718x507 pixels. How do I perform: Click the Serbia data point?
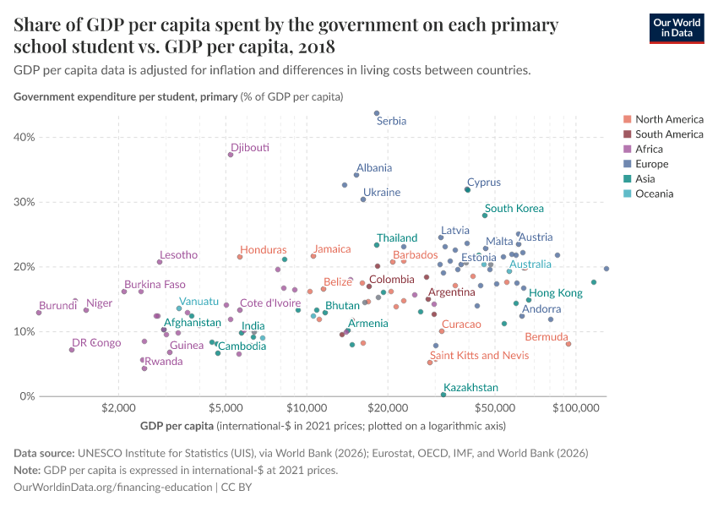pyautogui.click(x=377, y=113)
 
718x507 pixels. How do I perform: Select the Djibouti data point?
pyautogui.click(x=231, y=155)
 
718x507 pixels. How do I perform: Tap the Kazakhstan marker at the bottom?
pyautogui.click(x=443, y=395)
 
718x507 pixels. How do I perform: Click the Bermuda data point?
pyautogui.click(x=568, y=344)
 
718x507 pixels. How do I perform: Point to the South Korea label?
pyautogui.click(x=514, y=209)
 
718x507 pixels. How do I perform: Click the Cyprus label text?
pyautogui.click(x=484, y=183)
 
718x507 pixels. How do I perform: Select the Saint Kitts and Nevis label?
pyautogui.click(x=479, y=356)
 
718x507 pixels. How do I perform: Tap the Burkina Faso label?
pyautogui.click(x=155, y=285)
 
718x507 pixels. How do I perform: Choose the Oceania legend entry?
pyautogui.click(x=655, y=194)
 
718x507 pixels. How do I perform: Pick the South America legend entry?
pyautogui.click(x=669, y=134)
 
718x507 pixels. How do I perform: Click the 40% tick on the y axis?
pyautogui.click(x=24, y=138)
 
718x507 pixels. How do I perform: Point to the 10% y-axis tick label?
pyautogui.click(x=24, y=332)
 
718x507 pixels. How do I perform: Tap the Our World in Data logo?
pyautogui.click(x=677, y=28)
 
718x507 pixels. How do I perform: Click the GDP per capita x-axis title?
pyautogui.click(x=177, y=425)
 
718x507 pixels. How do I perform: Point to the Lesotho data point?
pyautogui.click(x=160, y=262)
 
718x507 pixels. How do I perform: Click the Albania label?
pyautogui.click(x=373, y=168)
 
